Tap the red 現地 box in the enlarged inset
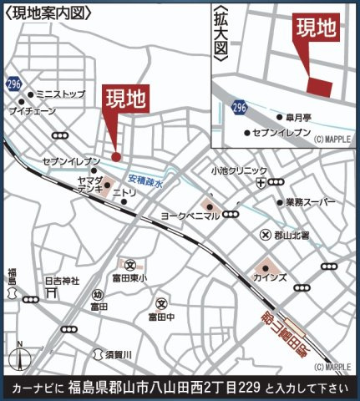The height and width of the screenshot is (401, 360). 317,30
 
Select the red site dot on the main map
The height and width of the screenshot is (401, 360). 116,156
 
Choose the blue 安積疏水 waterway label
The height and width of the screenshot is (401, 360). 147,179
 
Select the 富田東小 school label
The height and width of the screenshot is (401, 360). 130,278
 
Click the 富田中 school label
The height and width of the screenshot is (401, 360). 162,317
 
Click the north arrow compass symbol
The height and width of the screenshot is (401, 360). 18,354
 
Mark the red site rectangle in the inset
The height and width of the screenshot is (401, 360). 320,85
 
